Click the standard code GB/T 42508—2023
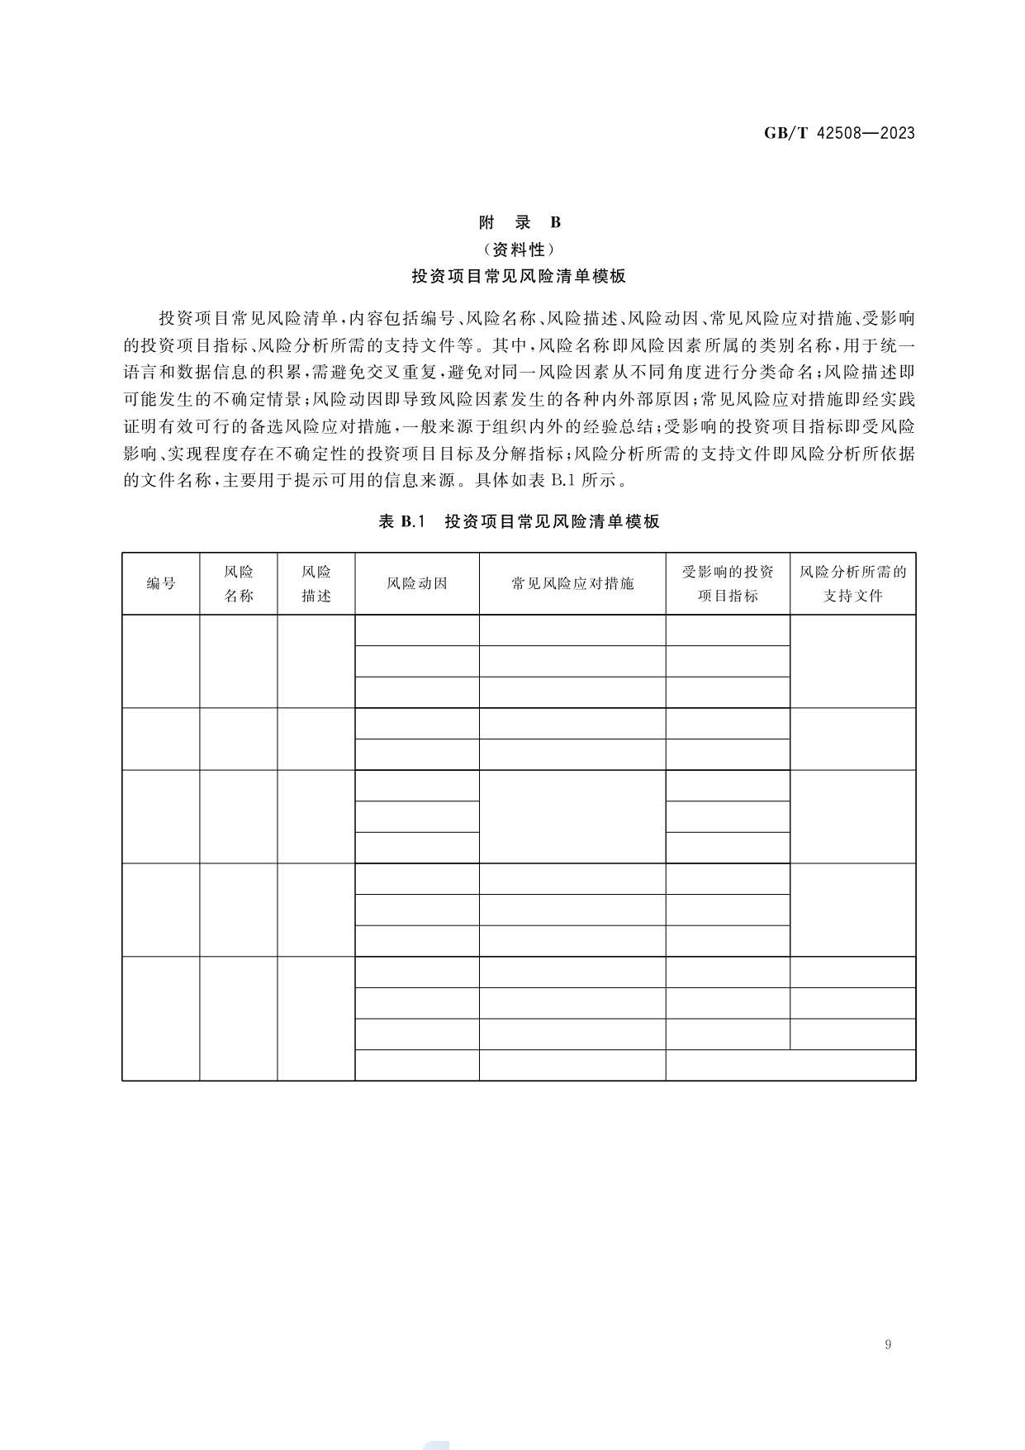(838, 133)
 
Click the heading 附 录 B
(520, 222)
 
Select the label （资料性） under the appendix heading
(520, 250)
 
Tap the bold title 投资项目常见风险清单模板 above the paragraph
(520, 277)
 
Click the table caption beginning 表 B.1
(520, 521)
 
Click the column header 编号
(161, 583)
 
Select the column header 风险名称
(239, 583)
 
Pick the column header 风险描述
(316, 583)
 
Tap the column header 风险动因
(417, 583)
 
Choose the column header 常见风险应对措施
(572, 583)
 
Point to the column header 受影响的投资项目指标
(728, 583)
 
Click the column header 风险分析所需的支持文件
(852, 583)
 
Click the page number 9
(888, 1344)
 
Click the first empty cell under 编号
(161, 661)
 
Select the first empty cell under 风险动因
(417, 630)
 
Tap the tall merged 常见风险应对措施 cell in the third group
(572, 816)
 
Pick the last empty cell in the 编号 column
(161, 1018)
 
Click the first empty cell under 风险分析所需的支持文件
(852, 661)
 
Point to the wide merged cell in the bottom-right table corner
(790, 1065)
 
